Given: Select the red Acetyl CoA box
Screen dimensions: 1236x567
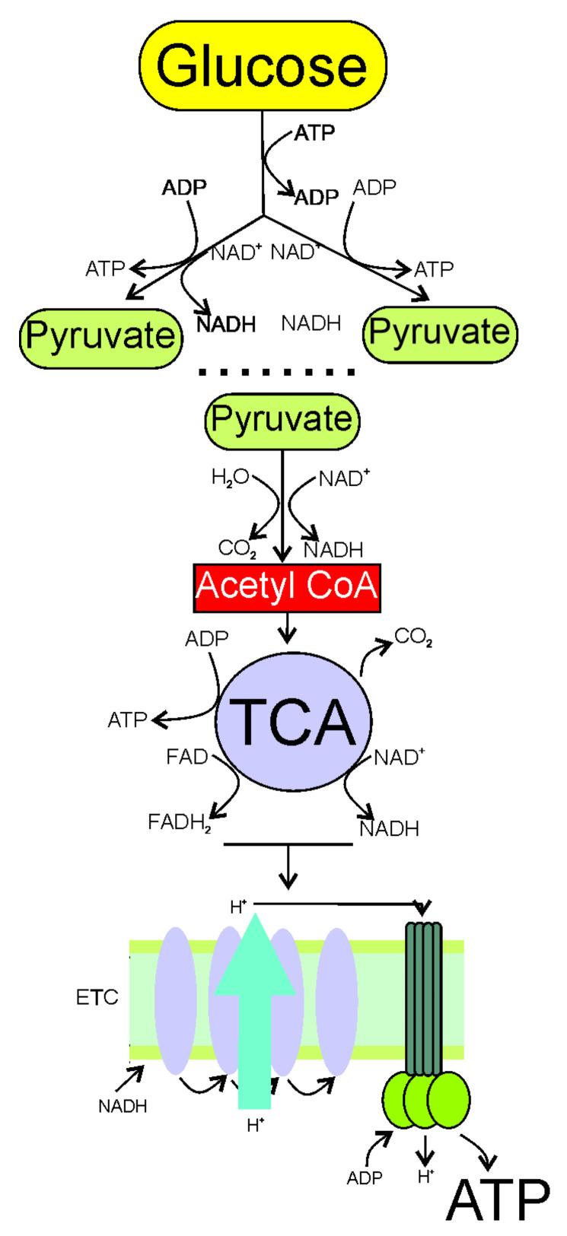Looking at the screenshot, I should click(287, 589).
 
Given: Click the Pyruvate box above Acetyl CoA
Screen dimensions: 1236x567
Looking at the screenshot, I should click(282, 419).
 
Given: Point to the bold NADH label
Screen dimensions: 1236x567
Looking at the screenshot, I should click(225, 325).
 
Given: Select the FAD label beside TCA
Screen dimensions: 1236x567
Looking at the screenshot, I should click(186, 756).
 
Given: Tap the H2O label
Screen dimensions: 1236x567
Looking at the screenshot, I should click(229, 478).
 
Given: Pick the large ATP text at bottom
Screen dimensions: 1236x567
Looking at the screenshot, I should click(497, 1199).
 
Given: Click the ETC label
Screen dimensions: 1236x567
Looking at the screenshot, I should click(97, 997).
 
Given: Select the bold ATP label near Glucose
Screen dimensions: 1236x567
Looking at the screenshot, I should click(314, 133).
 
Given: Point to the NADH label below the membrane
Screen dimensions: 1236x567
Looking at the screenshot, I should click(123, 1105).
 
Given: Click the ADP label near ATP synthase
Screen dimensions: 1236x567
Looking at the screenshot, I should click(365, 1178).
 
